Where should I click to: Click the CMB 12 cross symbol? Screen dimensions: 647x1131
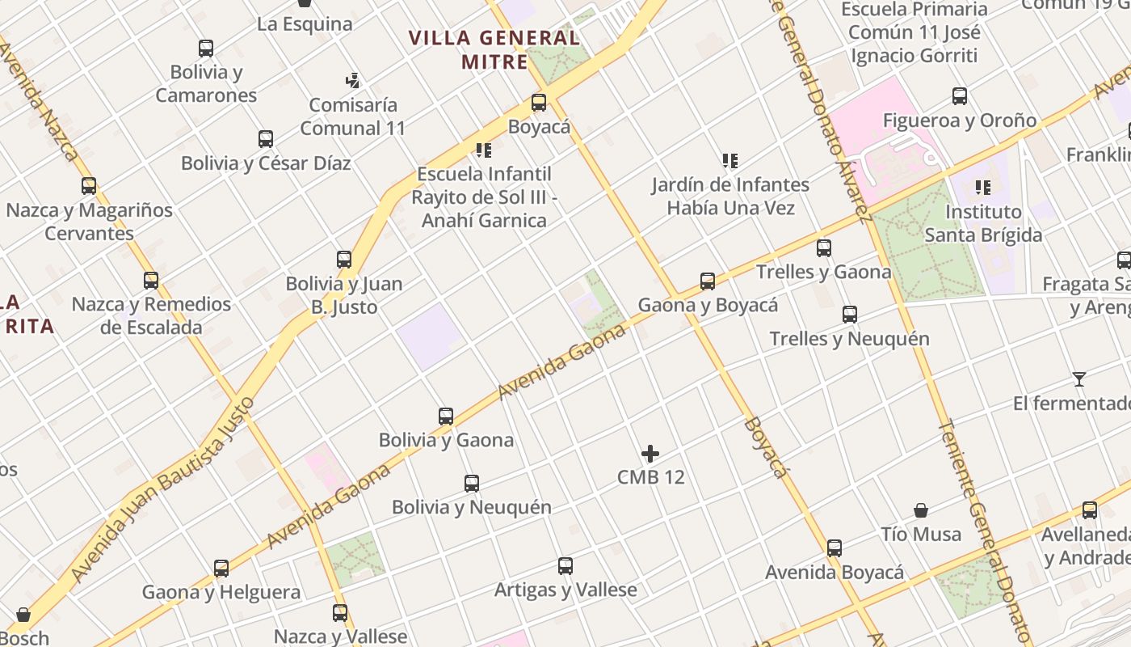pos(650,454)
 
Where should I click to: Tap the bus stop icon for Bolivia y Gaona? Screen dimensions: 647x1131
pos(446,417)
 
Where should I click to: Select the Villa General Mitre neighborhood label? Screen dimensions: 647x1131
pos(494,49)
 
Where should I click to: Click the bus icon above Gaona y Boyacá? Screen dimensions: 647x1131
pos(708,281)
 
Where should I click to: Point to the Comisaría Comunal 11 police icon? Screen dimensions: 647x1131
pos(352,81)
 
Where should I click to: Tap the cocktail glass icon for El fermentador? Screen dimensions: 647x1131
pos(1079,378)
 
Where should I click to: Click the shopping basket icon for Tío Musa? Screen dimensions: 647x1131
pos(921,510)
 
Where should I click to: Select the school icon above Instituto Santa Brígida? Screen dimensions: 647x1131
pos(983,188)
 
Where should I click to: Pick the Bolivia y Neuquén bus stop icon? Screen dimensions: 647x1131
pos(472,484)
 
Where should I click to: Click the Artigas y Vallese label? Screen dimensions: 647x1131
pos(565,590)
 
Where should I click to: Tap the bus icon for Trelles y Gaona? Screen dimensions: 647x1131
pos(824,248)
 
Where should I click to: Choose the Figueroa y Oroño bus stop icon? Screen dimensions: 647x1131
pos(960,96)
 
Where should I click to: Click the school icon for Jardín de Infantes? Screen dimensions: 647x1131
pos(730,161)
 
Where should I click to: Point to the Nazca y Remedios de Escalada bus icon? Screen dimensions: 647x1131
pos(151,281)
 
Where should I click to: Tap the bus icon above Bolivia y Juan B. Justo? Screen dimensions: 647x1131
pos(344,260)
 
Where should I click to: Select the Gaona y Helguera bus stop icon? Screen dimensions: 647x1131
pos(221,569)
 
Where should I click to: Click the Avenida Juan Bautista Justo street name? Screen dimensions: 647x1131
pos(162,489)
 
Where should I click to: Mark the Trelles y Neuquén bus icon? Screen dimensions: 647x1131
pos(850,315)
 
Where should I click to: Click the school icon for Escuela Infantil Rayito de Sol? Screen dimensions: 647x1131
pos(484,150)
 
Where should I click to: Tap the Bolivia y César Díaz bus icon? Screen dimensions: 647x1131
pos(266,139)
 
